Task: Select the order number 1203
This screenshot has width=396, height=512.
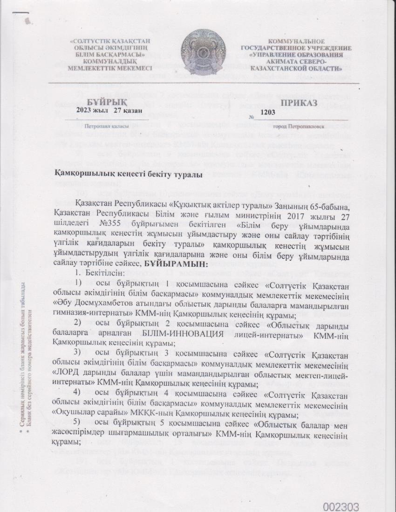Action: (x=269, y=112)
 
